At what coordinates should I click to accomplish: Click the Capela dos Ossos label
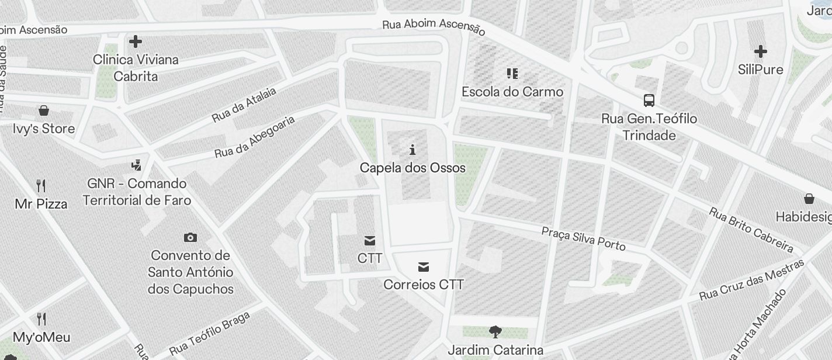(x=412, y=168)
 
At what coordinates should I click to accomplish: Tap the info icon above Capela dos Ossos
(x=412, y=150)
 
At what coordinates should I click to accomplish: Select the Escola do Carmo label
(x=512, y=92)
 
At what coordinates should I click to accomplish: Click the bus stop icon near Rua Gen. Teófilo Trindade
(x=649, y=101)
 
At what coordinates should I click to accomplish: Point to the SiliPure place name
(x=760, y=70)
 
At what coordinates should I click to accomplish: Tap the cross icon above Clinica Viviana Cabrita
(x=136, y=41)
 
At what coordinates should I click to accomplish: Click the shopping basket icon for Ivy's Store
(x=44, y=110)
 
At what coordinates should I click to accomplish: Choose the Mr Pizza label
(x=41, y=204)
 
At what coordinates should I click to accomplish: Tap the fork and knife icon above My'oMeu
(x=41, y=319)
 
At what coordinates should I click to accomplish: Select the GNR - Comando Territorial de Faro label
(x=137, y=192)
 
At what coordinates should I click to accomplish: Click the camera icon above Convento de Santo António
(x=190, y=237)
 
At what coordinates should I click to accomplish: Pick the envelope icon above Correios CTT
(x=424, y=267)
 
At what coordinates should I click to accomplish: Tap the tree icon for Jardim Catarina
(x=495, y=333)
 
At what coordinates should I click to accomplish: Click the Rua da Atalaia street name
(x=244, y=105)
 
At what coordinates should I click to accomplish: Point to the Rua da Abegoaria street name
(x=255, y=137)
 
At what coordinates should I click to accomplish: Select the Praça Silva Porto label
(x=583, y=238)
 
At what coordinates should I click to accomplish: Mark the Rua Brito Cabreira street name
(x=750, y=229)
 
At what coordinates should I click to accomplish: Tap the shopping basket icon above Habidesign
(x=809, y=199)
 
